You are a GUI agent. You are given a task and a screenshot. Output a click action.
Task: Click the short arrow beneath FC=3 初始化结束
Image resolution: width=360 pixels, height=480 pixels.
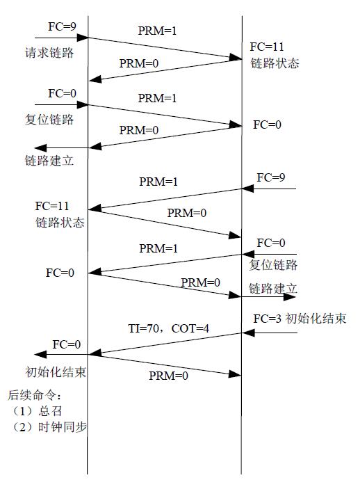[x=270, y=333]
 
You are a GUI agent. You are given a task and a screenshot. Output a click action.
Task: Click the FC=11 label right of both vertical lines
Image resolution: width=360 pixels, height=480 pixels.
[x=267, y=48]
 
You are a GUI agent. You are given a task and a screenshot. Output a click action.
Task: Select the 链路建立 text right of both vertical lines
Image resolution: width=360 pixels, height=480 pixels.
[x=273, y=287]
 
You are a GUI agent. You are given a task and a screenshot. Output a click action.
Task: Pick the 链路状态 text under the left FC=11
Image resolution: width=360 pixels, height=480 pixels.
[x=60, y=223]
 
